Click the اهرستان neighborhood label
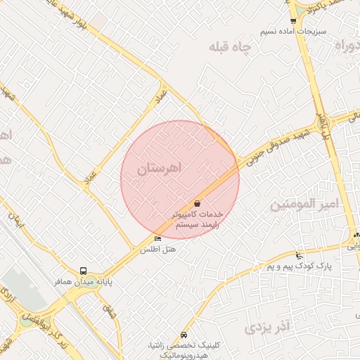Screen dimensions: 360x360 pos(160,168)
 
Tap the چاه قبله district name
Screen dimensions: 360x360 pos(229,49)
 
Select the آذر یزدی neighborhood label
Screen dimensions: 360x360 pos(268,328)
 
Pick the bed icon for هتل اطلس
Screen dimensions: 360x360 pos(157,239)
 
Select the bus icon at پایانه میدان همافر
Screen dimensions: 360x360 pos(84,271)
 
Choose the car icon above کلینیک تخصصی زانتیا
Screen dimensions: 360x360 pos(184,335)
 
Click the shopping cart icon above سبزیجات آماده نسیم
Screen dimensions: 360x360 pos(293,21)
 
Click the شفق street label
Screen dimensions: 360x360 pos(109,310)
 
